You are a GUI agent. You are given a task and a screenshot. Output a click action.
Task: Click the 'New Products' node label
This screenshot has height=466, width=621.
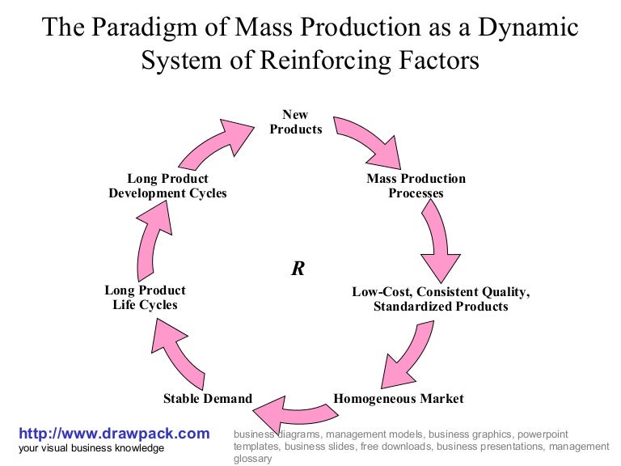[x=296, y=122]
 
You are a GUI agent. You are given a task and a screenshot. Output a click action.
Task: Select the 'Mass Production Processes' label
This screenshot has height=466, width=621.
[x=416, y=186]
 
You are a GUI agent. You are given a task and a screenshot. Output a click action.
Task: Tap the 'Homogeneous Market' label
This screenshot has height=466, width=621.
[x=399, y=398]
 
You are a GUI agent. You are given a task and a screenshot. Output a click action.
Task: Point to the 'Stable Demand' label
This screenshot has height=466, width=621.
[x=208, y=398]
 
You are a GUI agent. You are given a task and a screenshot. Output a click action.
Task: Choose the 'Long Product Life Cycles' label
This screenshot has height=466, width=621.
[x=145, y=298]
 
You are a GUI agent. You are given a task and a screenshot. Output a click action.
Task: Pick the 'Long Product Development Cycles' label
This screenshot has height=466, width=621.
[x=167, y=186]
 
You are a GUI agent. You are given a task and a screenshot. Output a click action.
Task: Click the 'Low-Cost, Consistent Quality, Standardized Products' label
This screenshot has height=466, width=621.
[x=441, y=299]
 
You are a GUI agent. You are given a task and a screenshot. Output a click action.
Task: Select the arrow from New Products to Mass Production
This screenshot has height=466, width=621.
[x=369, y=138]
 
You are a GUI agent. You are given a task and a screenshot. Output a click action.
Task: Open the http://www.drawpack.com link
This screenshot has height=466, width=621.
[x=114, y=434]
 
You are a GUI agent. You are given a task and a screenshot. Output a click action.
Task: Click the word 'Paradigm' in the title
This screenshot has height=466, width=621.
[x=164, y=28]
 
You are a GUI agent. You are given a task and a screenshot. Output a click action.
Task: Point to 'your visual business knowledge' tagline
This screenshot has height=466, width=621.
[x=91, y=448]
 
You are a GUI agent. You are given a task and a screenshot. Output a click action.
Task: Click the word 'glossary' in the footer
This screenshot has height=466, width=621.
[x=252, y=459]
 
